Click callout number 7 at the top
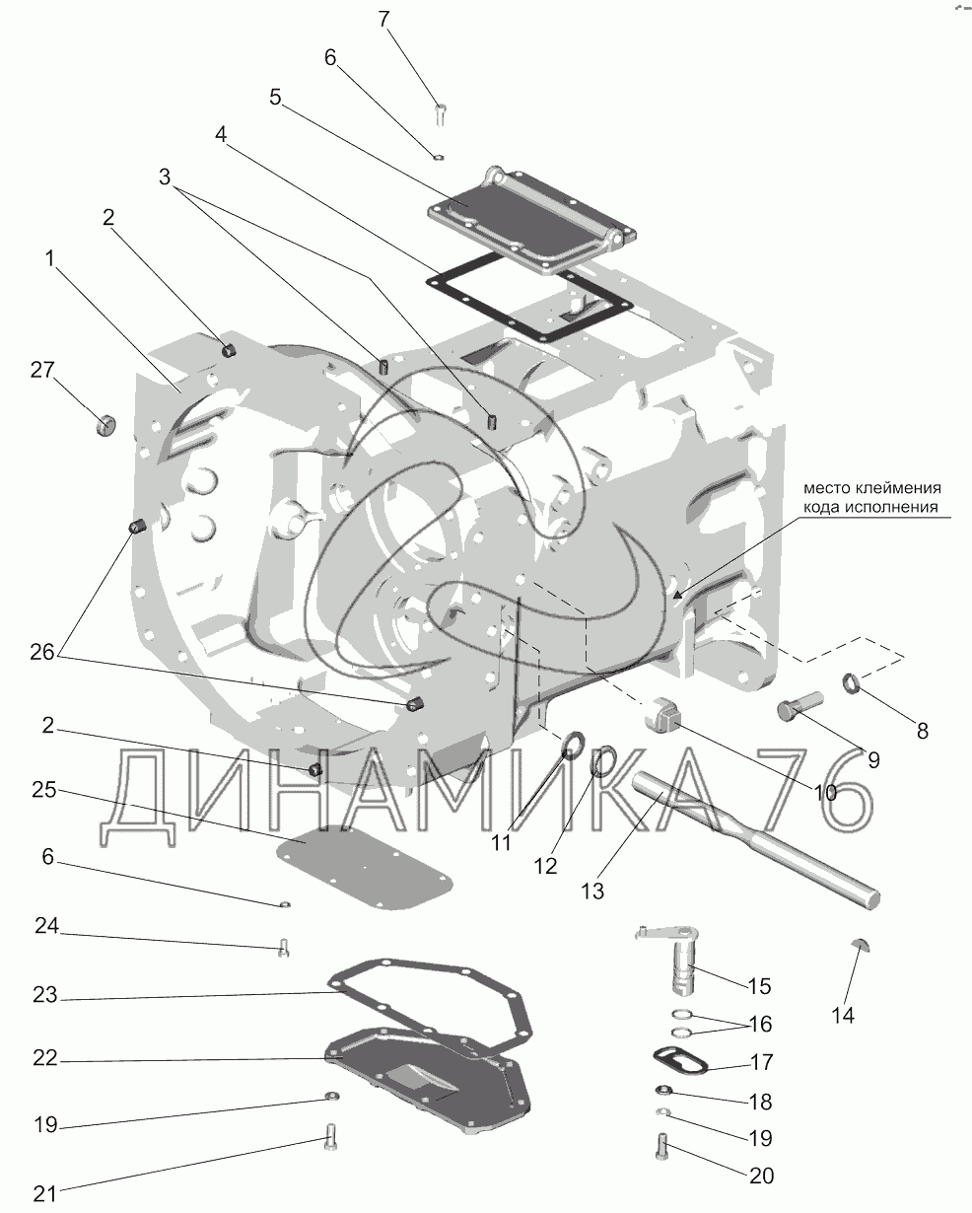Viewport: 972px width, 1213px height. [x=383, y=19]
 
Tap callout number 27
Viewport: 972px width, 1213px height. [x=42, y=371]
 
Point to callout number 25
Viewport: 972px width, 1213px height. [x=43, y=790]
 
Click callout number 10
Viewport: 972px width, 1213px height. [x=825, y=793]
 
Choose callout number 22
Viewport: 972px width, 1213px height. [x=45, y=1058]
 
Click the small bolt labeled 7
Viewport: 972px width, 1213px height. [x=441, y=114]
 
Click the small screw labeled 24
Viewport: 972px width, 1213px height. [x=284, y=947]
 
